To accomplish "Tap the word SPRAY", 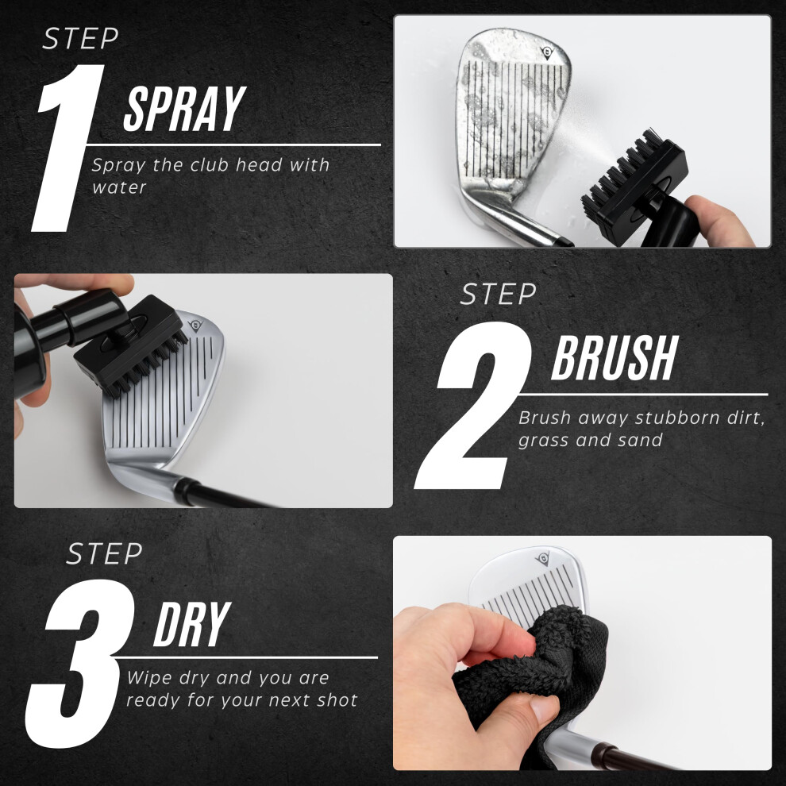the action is (185, 109).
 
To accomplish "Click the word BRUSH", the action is (615, 358).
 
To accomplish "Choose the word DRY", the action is (192, 625).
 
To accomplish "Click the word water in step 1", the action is (119, 187).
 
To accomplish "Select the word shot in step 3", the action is (337, 699).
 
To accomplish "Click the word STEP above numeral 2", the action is (499, 295).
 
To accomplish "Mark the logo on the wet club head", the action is (547, 52).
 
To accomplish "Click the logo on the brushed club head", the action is (195, 326).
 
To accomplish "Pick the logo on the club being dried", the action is (543, 558).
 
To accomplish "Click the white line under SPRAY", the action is (233, 144).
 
